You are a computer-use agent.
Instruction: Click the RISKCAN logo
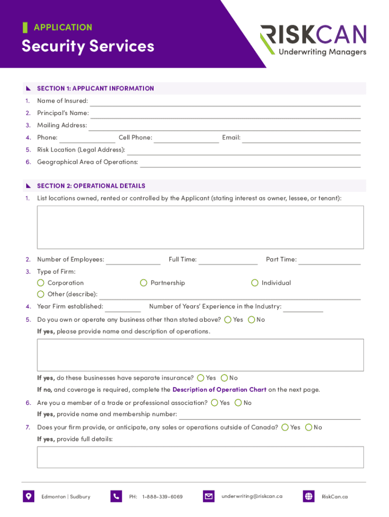[313, 40]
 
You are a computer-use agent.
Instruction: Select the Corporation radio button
[41, 283]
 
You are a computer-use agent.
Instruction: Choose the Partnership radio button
[144, 283]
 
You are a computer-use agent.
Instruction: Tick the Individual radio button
[255, 283]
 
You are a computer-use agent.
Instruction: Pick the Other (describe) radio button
[41, 294]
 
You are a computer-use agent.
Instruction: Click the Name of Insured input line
[225, 102]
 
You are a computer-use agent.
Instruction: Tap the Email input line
[301, 139]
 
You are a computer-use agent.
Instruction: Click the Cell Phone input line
[186, 139]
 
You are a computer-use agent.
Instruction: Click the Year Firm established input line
[123, 307]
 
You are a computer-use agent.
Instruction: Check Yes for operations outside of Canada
[285, 427]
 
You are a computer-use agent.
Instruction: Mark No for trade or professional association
[238, 403]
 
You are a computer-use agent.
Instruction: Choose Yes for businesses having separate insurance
[201, 378]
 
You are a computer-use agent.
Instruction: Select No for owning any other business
[252, 320]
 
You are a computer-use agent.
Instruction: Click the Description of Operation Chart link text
[219, 390]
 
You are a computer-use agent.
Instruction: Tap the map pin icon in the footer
[28, 496]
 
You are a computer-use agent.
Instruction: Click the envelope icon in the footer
[209, 496]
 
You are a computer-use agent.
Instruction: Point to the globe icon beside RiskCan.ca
[309, 496]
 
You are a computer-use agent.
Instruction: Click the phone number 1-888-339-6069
[163, 497]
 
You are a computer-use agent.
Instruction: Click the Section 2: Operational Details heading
[91, 186]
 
